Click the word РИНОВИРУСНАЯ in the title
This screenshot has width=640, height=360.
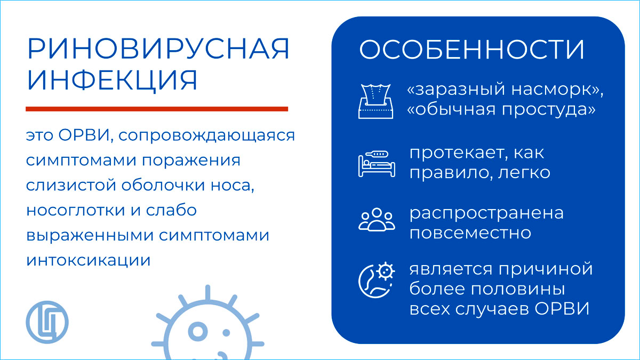point(158,49)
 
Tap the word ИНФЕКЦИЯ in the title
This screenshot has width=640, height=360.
point(113,81)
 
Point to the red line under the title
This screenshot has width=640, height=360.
point(157,109)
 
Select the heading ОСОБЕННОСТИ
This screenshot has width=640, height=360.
point(471,50)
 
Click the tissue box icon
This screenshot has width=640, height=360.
point(375,101)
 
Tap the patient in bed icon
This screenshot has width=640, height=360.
point(377,164)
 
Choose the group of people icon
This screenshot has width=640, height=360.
point(377,219)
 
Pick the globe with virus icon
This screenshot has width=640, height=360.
point(377,280)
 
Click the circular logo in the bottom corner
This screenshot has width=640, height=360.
point(47,322)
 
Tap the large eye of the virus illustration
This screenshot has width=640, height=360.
point(198,331)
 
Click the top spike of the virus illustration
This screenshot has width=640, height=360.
point(207,293)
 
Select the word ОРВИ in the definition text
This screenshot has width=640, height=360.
point(84,135)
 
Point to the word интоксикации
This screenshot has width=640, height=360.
point(89,261)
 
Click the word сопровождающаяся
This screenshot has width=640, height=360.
point(206,136)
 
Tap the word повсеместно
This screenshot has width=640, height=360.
point(470,233)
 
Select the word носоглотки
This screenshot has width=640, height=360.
point(76,211)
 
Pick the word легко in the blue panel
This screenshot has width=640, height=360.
point(524,173)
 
